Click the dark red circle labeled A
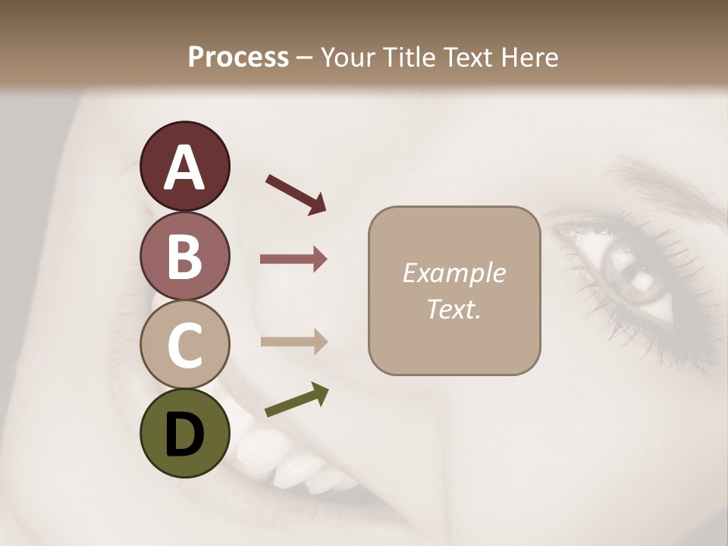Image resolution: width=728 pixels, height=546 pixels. click(184, 166)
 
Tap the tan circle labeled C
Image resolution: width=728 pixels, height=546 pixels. click(184, 344)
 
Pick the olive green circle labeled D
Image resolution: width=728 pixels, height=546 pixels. click(184, 433)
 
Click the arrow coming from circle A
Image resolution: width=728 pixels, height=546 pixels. click(296, 193)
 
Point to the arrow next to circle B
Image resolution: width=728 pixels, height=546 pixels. click(293, 259)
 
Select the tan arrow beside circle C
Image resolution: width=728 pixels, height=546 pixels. click(293, 341)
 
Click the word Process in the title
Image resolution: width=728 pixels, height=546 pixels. click(238, 57)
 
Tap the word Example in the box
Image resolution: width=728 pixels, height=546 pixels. click(453, 273)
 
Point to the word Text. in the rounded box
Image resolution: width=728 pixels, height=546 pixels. click(453, 309)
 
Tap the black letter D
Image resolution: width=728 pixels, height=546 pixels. click(184, 435)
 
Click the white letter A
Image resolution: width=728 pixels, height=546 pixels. click(184, 168)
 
